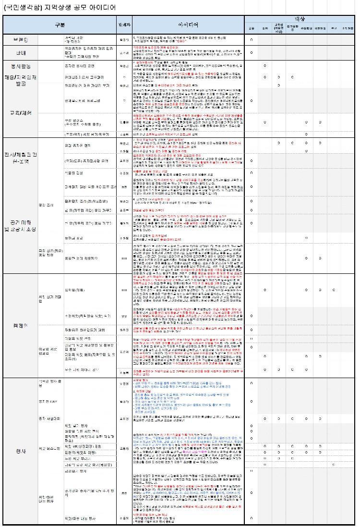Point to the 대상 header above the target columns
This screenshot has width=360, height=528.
300,18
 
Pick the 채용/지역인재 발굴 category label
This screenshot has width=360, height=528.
20,81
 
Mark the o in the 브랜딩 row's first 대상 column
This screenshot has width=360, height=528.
252,39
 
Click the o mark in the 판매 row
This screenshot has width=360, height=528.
252,51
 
